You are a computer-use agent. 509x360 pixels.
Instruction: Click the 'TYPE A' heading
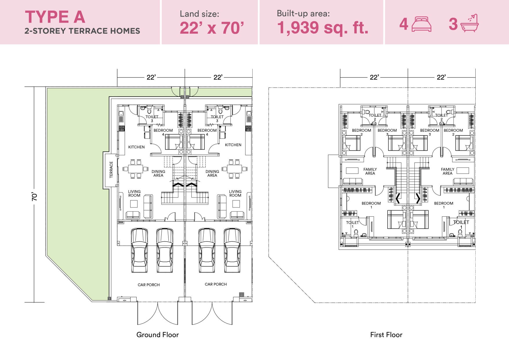[55, 17]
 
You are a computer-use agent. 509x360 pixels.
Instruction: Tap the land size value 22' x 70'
[212, 28]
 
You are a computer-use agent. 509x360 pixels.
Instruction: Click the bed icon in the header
[421, 24]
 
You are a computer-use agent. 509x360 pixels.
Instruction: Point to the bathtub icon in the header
[469, 23]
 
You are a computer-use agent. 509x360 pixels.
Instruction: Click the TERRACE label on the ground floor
[111, 170]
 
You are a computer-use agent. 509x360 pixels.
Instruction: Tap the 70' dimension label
[35, 196]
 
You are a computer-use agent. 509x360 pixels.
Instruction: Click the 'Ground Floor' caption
[157, 335]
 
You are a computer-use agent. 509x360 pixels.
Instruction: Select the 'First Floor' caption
[386, 335]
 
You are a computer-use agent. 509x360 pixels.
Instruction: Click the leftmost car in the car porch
[139, 250]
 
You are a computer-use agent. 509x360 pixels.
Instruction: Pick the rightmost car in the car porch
[232, 250]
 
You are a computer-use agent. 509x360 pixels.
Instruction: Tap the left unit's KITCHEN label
[136, 147]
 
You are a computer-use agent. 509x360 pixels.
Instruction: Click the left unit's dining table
[136, 169]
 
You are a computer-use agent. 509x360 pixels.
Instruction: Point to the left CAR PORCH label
[149, 285]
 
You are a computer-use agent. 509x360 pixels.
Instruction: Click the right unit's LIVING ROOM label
[235, 193]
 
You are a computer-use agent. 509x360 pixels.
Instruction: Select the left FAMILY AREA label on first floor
[370, 171]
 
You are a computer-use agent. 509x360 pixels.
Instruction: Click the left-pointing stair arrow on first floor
[398, 198]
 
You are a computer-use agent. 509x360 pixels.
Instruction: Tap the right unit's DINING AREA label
[212, 173]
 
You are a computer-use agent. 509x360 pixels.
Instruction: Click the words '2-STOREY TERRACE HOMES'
[82, 31]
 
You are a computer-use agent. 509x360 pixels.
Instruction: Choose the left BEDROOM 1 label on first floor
[371, 205]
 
